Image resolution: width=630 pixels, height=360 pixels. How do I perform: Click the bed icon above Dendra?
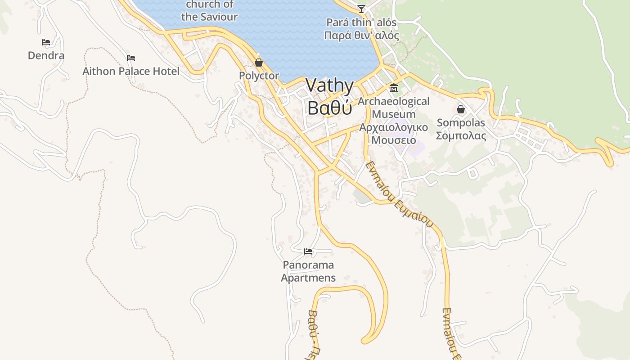point(46,42)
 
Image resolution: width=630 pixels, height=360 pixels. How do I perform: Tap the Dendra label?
point(46,55)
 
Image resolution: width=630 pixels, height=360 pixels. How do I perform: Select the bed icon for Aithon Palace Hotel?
point(131,58)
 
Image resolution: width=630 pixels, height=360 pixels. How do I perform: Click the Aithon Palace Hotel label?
point(131,71)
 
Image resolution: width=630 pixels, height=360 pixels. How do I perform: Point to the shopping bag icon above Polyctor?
point(259,63)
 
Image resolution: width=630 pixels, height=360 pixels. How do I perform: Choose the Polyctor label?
point(259,76)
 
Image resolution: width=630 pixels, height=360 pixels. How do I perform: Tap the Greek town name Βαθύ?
point(330,108)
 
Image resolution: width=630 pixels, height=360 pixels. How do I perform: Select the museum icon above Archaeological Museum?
point(394,88)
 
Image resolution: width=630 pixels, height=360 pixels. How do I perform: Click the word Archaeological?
point(394,101)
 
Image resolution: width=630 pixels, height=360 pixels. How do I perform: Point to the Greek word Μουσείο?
point(394,140)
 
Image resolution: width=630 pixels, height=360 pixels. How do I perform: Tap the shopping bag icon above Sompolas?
point(461,109)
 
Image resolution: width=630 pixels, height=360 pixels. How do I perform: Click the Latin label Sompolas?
point(461,122)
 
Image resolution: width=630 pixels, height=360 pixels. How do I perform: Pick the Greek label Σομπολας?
point(461,135)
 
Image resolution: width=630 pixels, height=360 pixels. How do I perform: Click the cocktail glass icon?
point(361,9)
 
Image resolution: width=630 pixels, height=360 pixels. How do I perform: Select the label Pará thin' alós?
point(361,22)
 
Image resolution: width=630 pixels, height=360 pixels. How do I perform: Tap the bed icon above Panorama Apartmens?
point(308,251)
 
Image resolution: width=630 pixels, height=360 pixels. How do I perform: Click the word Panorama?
point(308,265)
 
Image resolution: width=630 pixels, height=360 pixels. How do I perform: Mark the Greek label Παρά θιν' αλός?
point(361,35)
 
